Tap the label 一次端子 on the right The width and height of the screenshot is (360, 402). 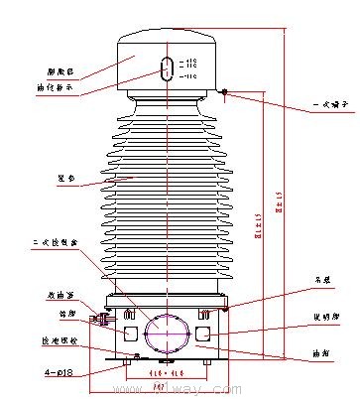pyautogui.click(x=328, y=103)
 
